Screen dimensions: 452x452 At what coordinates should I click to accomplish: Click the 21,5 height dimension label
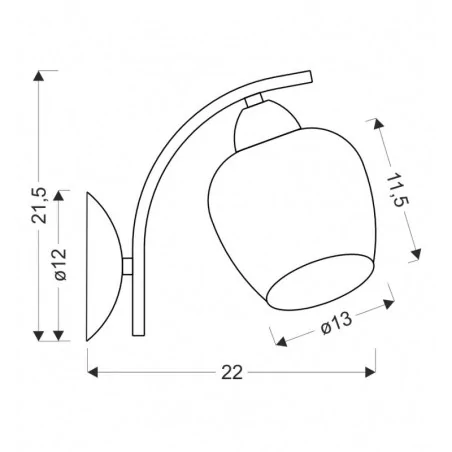pyautogui.click(x=39, y=205)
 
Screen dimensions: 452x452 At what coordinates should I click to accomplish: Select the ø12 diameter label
pyautogui.click(x=60, y=265)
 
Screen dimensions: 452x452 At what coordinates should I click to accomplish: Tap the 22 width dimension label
pyautogui.click(x=232, y=372)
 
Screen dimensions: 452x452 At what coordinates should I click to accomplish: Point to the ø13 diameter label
pyautogui.click(x=337, y=323)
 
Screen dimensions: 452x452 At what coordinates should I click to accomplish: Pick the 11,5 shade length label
pyautogui.click(x=397, y=190)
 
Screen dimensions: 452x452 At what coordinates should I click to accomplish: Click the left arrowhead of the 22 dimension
pyautogui.click(x=92, y=372)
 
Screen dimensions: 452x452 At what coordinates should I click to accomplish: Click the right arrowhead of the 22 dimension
pyautogui.click(x=370, y=372)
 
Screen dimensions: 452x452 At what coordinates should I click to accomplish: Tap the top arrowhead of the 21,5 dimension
pyautogui.click(x=39, y=76)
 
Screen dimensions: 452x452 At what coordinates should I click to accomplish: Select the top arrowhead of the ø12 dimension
pyautogui.click(x=59, y=196)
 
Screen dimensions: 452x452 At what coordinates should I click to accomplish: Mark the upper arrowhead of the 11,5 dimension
pyautogui.click(x=378, y=124)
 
